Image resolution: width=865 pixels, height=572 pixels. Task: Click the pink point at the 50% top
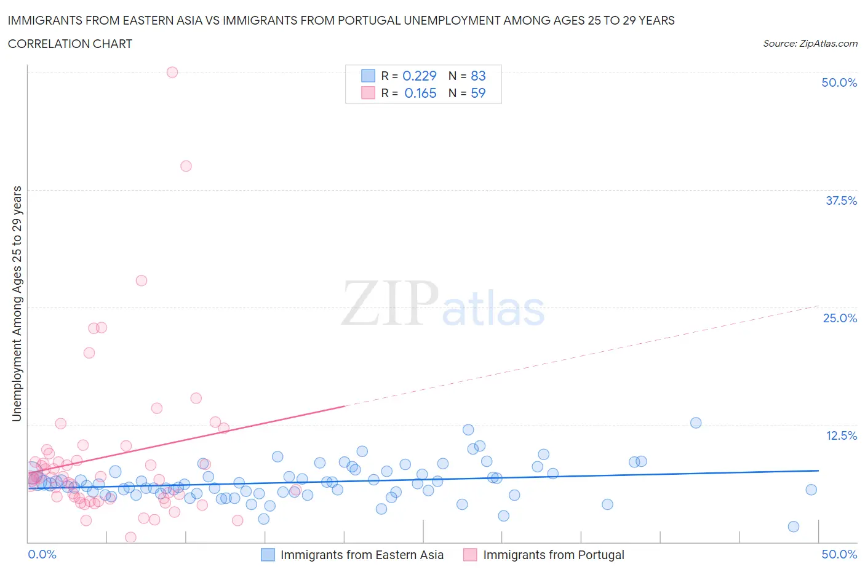(x=172, y=72)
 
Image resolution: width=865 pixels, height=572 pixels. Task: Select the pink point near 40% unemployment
(x=186, y=166)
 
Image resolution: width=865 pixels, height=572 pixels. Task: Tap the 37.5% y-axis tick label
(x=841, y=201)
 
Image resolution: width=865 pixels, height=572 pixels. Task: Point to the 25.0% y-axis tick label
(x=840, y=318)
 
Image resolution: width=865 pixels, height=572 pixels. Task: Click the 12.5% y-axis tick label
(x=841, y=435)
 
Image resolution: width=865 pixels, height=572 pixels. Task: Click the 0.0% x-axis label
(x=42, y=554)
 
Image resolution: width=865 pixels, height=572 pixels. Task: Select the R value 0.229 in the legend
(x=419, y=76)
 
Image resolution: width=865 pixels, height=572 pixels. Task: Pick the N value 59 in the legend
(x=478, y=93)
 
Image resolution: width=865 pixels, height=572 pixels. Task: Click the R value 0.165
(x=420, y=93)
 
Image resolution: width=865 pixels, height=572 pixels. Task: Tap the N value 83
(x=478, y=76)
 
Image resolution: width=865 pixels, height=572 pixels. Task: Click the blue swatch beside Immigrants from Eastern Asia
(x=268, y=555)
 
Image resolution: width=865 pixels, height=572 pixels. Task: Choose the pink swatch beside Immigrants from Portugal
(x=470, y=555)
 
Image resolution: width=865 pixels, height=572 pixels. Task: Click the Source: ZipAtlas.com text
(x=810, y=43)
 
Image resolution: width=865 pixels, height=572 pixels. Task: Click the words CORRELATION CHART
(x=70, y=44)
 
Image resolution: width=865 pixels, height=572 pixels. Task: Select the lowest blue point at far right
(x=794, y=526)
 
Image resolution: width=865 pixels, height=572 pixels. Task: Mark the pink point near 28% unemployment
(x=142, y=280)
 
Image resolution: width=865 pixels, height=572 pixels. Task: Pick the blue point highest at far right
(x=696, y=423)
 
